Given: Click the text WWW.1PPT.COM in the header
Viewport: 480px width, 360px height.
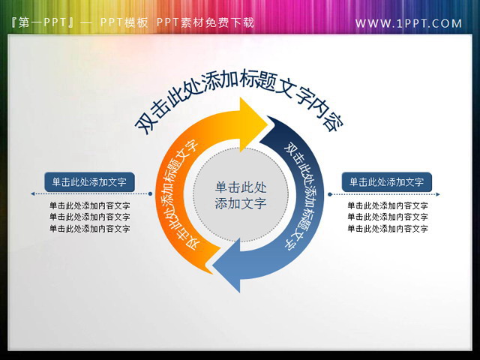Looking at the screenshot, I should pos(409,23).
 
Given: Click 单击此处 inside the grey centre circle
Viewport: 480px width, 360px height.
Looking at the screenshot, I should pos(240,187).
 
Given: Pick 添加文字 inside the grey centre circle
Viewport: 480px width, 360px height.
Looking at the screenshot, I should pos(240,203).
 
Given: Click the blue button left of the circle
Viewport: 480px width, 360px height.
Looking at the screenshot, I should pos(89,181).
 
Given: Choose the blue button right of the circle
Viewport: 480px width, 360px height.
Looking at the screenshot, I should pos(387,181).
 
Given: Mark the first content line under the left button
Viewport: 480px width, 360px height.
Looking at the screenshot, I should pos(89,205).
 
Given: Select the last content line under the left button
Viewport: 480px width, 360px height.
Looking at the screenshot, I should pos(89,228).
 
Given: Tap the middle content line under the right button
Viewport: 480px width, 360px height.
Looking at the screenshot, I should pos(388,217).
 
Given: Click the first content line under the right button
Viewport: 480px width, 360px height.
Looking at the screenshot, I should pos(388,205).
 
